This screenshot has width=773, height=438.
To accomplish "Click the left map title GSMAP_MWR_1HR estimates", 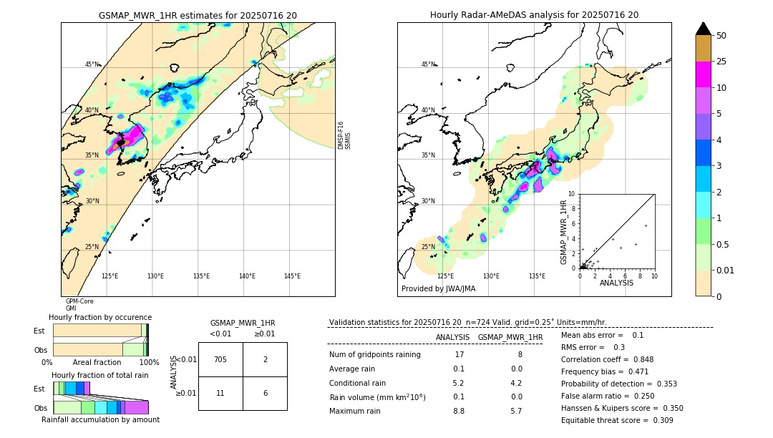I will click(198, 15).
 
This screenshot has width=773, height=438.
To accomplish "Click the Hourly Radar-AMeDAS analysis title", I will click(534, 15).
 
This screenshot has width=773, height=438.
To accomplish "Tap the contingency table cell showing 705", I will click(220, 359).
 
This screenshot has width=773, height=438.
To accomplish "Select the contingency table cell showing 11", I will click(220, 393).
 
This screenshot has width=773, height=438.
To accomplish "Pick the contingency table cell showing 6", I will click(265, 393).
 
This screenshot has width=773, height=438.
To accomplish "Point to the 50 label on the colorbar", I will click(721, 36).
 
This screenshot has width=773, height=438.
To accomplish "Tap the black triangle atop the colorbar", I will click(704, 29).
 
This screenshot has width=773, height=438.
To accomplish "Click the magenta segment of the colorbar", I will click(704, 74).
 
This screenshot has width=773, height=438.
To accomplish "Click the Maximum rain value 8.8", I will click(459, 412).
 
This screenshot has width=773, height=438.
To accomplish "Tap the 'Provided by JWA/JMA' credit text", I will click(438, 288).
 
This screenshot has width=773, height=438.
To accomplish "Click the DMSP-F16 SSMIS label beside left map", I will click(344, 135).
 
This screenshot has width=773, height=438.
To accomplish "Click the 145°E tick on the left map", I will click(292, 276).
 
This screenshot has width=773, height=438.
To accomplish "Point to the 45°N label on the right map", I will click(428, 64).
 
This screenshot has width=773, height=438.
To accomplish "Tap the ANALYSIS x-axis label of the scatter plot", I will click(616, 283).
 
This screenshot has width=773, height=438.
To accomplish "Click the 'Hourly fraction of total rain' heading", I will click(99, 375).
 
